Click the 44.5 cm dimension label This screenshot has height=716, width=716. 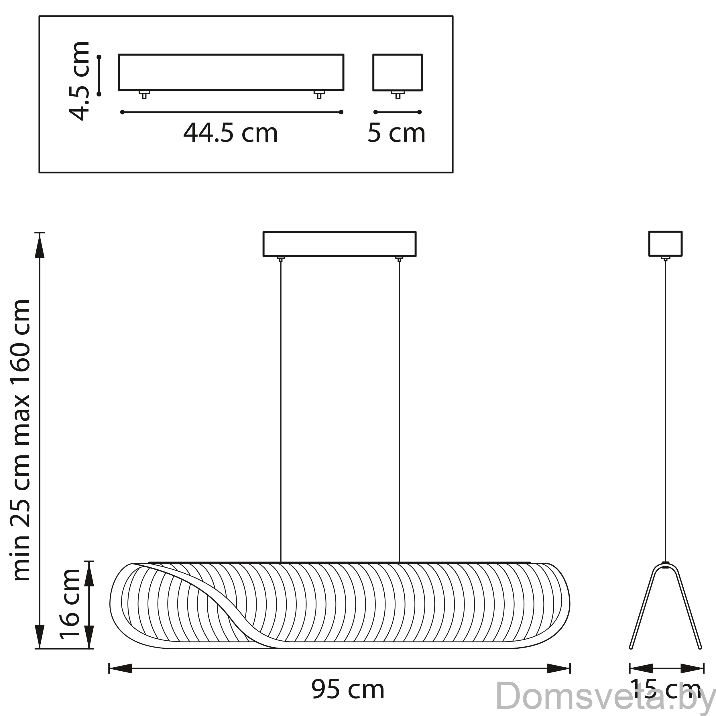click(230, 133)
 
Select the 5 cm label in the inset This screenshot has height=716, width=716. click(396, 133)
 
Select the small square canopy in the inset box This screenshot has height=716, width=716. click(397, 73)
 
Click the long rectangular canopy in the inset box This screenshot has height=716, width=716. click(231, 73)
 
